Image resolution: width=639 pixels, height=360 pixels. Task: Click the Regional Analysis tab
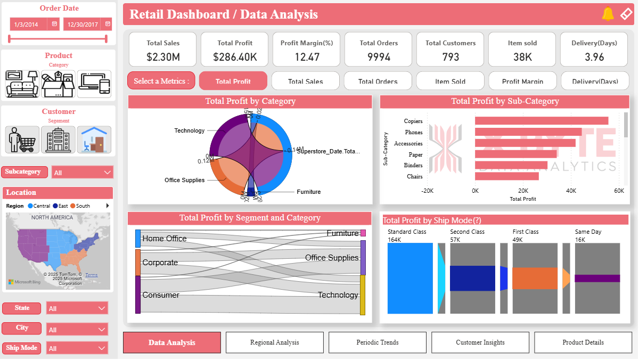[x=274, y=342]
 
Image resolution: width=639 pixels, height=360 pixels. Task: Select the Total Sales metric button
[x=306, y=81]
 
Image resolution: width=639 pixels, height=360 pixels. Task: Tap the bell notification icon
[x=608, y=14]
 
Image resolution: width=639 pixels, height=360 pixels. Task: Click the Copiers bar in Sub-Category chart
[x=541, y=121]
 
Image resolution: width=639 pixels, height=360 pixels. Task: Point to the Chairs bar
[x=506, y=176]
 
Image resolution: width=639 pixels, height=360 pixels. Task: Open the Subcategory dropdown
[x=83, y=173]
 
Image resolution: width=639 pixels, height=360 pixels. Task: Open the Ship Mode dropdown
[x=77, y=348]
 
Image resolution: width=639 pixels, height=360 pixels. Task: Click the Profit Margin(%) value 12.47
[x=307, y=57]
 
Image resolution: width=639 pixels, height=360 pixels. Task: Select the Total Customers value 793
[x=450, y=57]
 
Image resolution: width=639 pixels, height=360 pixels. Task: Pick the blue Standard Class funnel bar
[x=410, y=278]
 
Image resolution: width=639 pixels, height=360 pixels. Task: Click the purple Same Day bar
[x=597, y=278]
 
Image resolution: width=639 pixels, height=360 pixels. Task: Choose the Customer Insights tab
[x=480, y=342]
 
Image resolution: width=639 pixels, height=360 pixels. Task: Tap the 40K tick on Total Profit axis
[x=571, y=191]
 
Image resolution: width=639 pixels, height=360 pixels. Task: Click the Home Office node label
[x=164, y=239]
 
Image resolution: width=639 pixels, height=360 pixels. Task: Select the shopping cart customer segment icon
[x=22, y=140]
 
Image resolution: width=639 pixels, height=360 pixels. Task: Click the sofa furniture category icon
[x=22, y=84]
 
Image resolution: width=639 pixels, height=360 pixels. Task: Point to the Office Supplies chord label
[x=184, y=180]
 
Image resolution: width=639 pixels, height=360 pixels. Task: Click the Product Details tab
[x=583, y=342]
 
